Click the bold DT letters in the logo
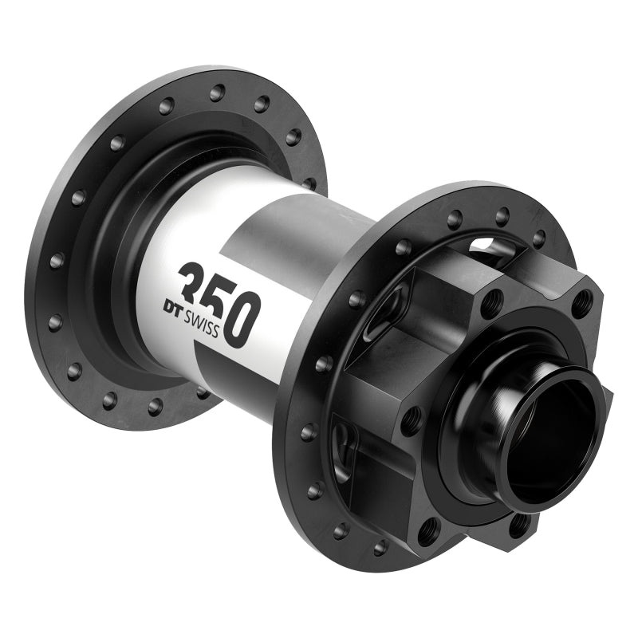pos(175,305)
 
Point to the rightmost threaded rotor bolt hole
pos(582,302)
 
